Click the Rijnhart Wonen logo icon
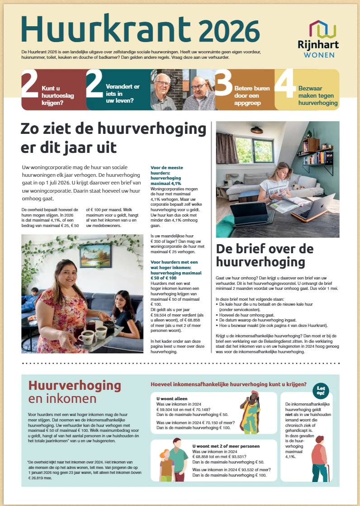pos(323,29)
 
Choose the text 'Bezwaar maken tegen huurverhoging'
pos(318,95)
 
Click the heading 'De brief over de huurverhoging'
pos(264,255)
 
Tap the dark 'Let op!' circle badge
pos(321,390)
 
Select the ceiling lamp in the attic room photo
pos(257,130)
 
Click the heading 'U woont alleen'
pos(171,398)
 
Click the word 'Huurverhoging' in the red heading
pos(75,385)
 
